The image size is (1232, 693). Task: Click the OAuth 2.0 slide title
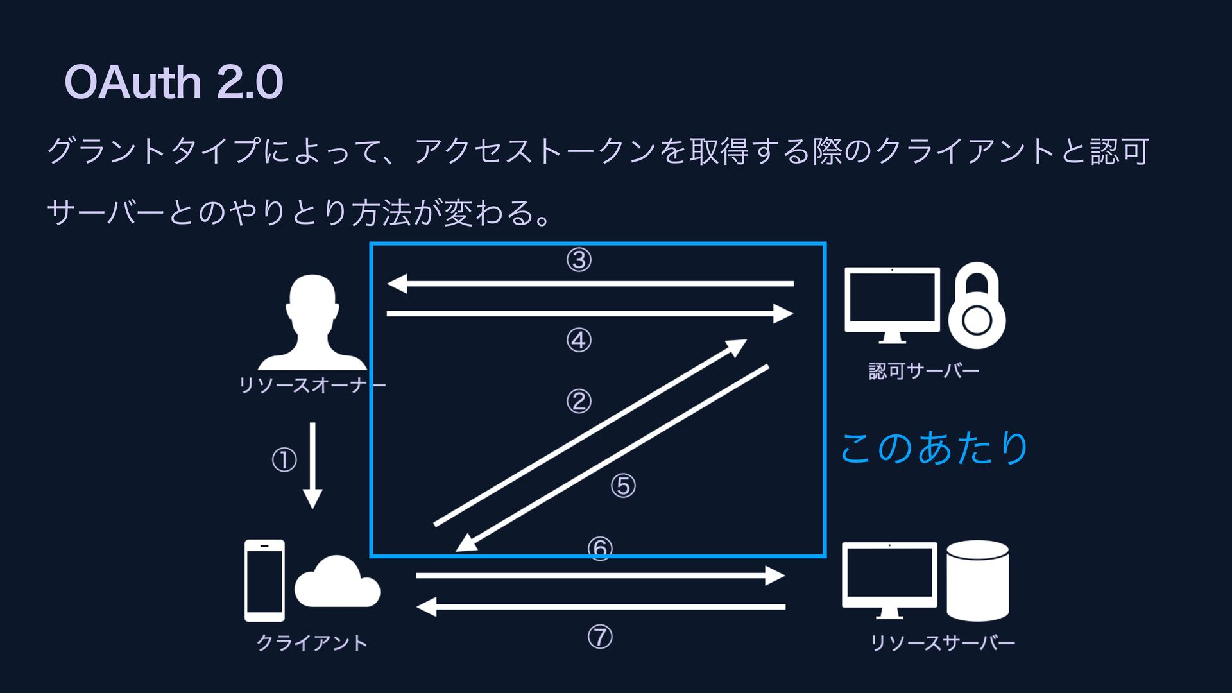pos(173,82)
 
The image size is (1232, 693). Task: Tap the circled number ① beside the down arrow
pos(284,460)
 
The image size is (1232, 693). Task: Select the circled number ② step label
pos(579,402)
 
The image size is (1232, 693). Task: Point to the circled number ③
pos(579,261)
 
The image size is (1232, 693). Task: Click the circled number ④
pos(579,340)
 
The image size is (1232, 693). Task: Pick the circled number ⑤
pos(623,486)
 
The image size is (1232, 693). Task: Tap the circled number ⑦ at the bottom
pos(600,637)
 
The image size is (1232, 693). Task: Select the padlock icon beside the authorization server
pos(977,306)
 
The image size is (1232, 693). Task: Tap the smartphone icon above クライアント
pos(264,580)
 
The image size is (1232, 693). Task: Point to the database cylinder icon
pos(977,580)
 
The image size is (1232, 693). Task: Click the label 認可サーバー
pos(923,371)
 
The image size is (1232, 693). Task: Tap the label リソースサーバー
pos(942,643)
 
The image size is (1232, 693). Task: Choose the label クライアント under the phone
pos(312,643)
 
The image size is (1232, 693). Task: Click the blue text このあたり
pos(934,448)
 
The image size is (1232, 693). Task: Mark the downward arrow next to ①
pos(312,465)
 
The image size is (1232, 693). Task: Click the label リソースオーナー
pos(312,385)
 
